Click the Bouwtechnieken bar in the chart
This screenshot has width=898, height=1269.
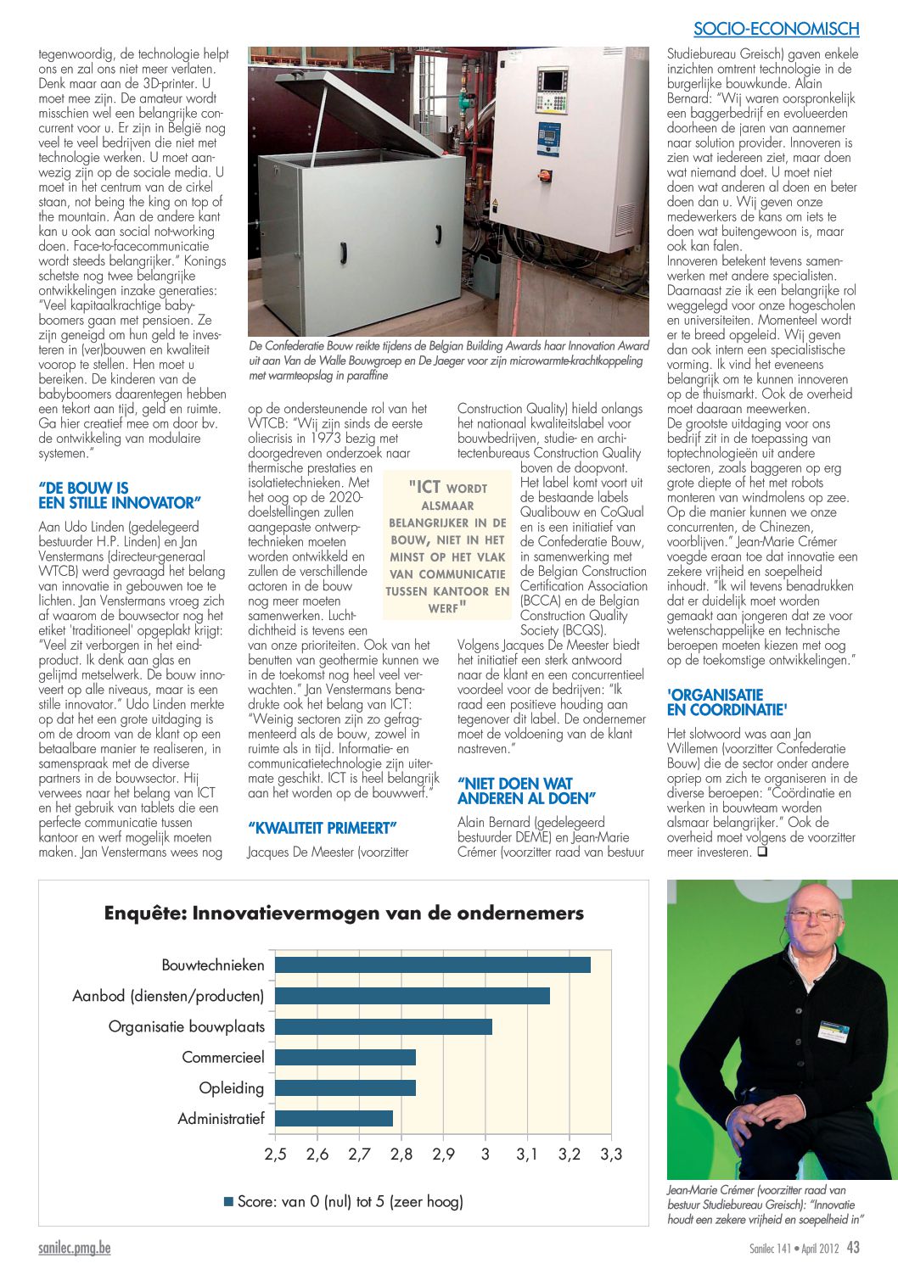pyautogui.click(x=433, y=964)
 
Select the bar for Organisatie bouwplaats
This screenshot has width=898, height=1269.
pyautogui.click(x=384, y=1026)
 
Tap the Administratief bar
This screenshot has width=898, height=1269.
pyautogui.click(x=334, y=1118)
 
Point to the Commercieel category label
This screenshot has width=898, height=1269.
pyautogui.click(x=223, y=1058)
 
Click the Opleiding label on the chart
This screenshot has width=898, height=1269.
pyautogui.click(x=232, y=1088)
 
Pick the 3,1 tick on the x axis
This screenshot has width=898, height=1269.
pyautogui.click(x=527, y=1154)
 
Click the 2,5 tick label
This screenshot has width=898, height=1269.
pyautogui.click(x=276, y=1154)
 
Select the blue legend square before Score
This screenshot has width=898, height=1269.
pyautogui.click(x=228, y=1202)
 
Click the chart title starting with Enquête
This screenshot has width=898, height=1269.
pyautogui.click(x=344, y=914)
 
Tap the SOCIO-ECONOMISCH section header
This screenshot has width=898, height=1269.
pyautogui.click(x=776, y=29)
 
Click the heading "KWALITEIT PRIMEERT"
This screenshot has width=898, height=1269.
pyautogui.click(x=323, y=828)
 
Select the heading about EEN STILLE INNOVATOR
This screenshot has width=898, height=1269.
pyautogui.click(x=120, y=495)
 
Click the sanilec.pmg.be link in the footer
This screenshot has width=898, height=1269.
pyautogui.click(x=75, y=1249)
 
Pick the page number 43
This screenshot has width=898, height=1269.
pyautogui.click(x=853, y=1248)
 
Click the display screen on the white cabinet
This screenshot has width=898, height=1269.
pyautogui.click(x=553, y=81)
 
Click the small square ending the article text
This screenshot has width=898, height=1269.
pyautogui.click(x=761, y=853)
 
